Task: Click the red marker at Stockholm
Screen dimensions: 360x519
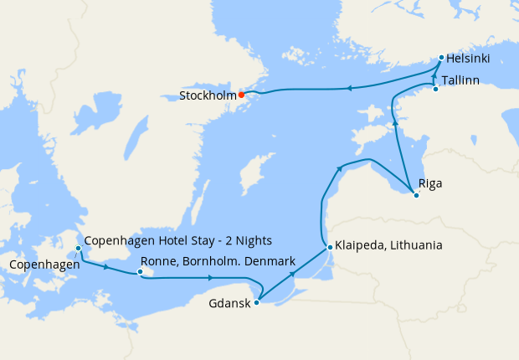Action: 241,95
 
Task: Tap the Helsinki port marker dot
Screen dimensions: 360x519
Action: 441,58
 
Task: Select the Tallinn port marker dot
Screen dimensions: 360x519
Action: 435,89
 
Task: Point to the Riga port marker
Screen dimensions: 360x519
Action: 416,195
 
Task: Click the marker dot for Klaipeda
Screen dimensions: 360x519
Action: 331,248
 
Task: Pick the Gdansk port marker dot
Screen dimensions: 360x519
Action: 256,302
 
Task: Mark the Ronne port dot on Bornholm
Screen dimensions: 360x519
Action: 141,271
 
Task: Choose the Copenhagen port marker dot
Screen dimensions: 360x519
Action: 78,249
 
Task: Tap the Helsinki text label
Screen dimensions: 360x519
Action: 468,59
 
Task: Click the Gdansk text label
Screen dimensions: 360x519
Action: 229,304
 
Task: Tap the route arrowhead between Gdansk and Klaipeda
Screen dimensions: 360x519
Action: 292,274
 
